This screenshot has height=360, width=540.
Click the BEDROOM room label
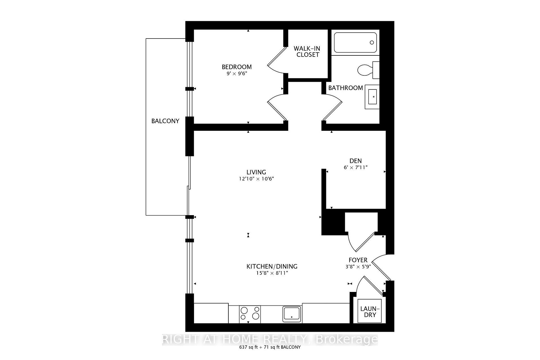click(237, 67)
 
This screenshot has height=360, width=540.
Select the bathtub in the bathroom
click(355, 42)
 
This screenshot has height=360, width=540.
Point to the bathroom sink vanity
click(372, 97)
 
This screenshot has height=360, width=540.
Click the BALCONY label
click(165, 121)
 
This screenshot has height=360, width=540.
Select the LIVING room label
click(256, 172)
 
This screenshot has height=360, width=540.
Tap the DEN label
click(355, 161)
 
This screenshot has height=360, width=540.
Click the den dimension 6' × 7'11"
click(355, 168)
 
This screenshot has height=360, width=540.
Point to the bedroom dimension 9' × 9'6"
click(237, 74)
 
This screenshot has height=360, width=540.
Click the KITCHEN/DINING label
click(272, 266)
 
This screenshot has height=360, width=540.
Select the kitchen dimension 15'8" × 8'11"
click(272, 273)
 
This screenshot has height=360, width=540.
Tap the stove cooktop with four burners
click(250, 313)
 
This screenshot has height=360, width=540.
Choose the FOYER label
click(358, 260)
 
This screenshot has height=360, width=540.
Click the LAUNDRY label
click(370, 312)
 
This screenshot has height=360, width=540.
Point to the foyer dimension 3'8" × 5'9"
click(358, 267)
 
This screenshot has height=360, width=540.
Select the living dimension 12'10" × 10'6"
click(256, 179)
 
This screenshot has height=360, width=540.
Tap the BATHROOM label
click(345, 88)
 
